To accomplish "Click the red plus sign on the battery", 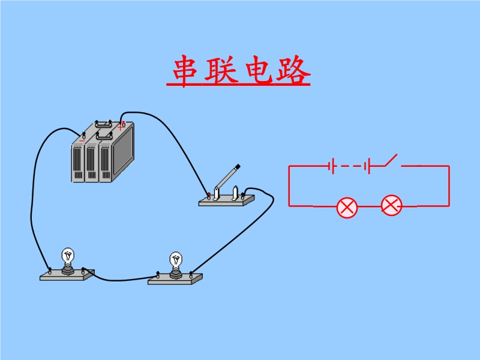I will tap(121, 127).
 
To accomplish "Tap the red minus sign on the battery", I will tap(82, 142).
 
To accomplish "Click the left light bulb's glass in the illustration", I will tap(68, 256).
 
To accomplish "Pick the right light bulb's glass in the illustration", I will tap(176, 259).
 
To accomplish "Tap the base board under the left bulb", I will tap(67, 275).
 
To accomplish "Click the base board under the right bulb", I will tap(175, 279).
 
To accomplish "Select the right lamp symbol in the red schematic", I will tap(391, 206).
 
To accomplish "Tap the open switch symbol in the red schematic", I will tap(392, 161).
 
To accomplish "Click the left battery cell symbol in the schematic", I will tap(331, 166).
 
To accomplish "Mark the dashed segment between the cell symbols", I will tap(349, 166).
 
